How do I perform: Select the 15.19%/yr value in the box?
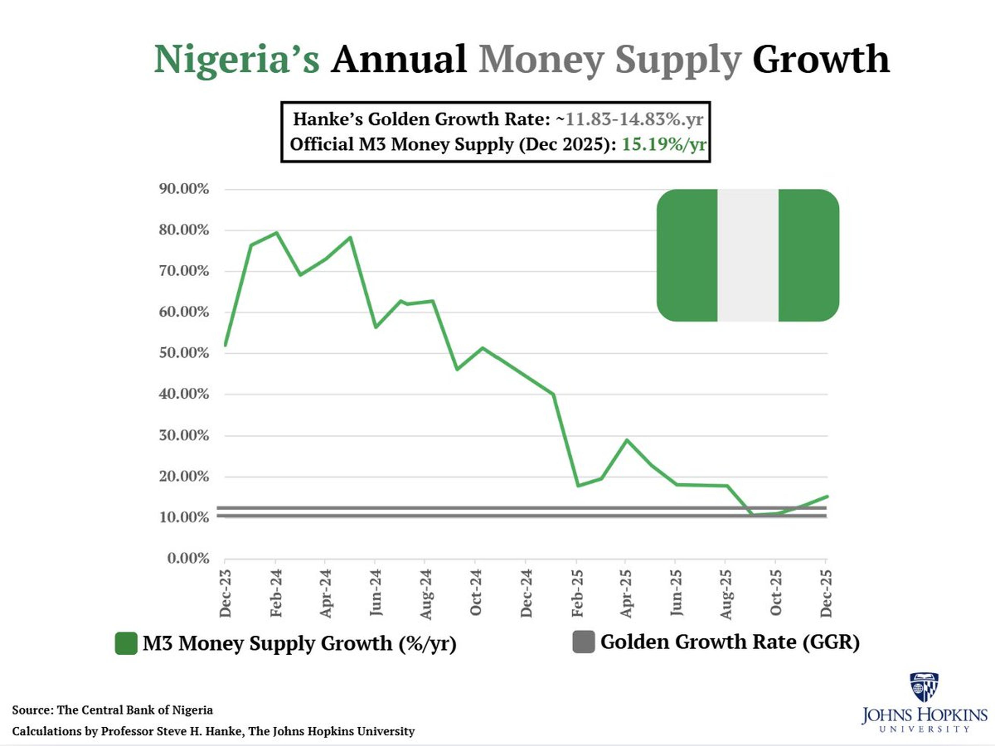click(664, 144)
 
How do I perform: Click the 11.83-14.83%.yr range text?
click(634, 119)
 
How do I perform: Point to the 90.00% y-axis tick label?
click(183, 189)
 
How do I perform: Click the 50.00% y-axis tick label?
click(183, 353)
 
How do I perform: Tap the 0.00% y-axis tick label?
click(188, 558)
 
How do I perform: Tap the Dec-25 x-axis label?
click(826, 593)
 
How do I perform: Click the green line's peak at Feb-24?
click(276, 233)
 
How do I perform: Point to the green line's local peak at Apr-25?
click(627, 440)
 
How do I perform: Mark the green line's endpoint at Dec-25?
click(827, 497)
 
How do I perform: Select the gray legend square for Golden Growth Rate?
click(584, 642)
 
